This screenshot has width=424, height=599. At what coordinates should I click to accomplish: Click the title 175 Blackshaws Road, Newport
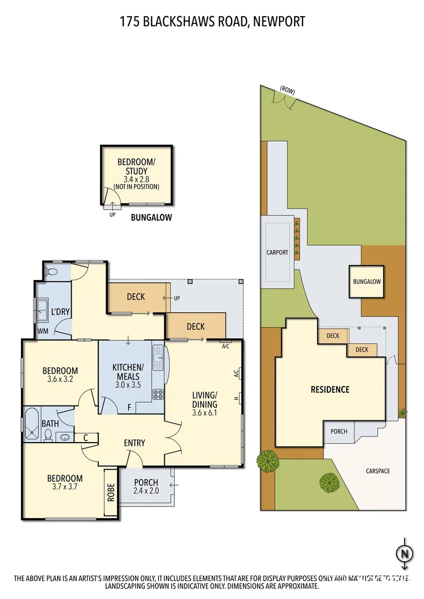(x=212, y=22)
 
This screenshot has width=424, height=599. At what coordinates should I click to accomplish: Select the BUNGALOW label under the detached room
(x=151, y=218)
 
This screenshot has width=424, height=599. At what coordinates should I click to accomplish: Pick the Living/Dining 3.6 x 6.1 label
(x=204, y=400)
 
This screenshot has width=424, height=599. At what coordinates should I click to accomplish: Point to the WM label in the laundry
(x=43, y=331)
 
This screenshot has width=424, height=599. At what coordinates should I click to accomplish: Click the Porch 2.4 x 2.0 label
(x=146, y=486)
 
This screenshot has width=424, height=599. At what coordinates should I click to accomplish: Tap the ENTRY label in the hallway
(x=134, y=443)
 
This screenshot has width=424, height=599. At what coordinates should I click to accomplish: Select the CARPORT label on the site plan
(x=277, y=252)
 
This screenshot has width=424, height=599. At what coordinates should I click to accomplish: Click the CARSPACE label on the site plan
(x=378, y=471)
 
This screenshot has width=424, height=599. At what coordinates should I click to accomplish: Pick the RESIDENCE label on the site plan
(x=330, y=389)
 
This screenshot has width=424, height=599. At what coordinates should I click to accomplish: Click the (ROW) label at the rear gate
(x=287, y=89)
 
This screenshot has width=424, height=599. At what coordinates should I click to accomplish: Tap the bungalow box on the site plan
(x=367, y=282)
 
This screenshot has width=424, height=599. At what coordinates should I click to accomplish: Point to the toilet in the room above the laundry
(x=52, y=272)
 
